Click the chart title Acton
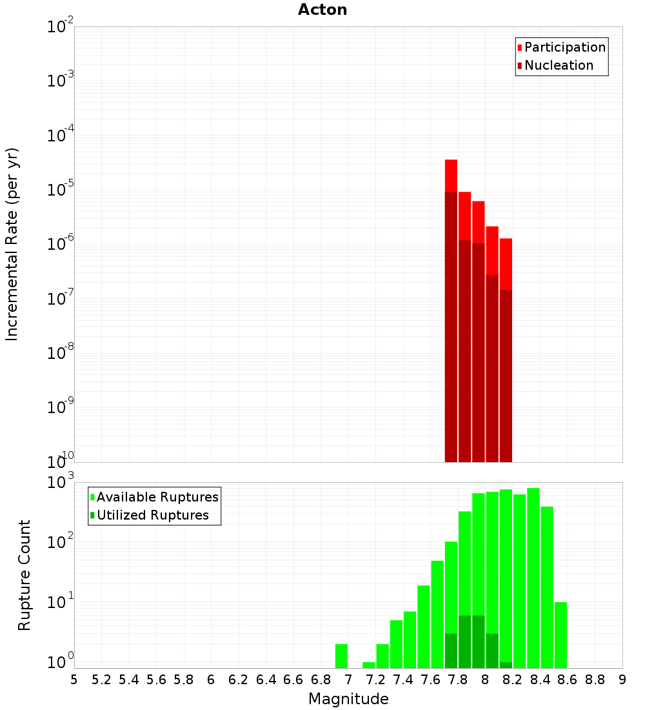tap(322, 10)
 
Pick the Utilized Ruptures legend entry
tap(152, 515)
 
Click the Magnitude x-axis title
tap(348, 699)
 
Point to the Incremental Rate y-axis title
tap(12, 245)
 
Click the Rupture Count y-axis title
tap(25, 575)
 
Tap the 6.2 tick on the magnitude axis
tap(239, 679)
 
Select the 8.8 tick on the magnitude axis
tap(595, 679)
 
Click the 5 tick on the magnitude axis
tap(74, 679)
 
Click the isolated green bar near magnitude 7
tap(341, 656)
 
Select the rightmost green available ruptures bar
tap(561, 635)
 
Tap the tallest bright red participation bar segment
tap(451, 176)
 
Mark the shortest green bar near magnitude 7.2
tap(369, 665)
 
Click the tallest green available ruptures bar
tap(533, 578)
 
